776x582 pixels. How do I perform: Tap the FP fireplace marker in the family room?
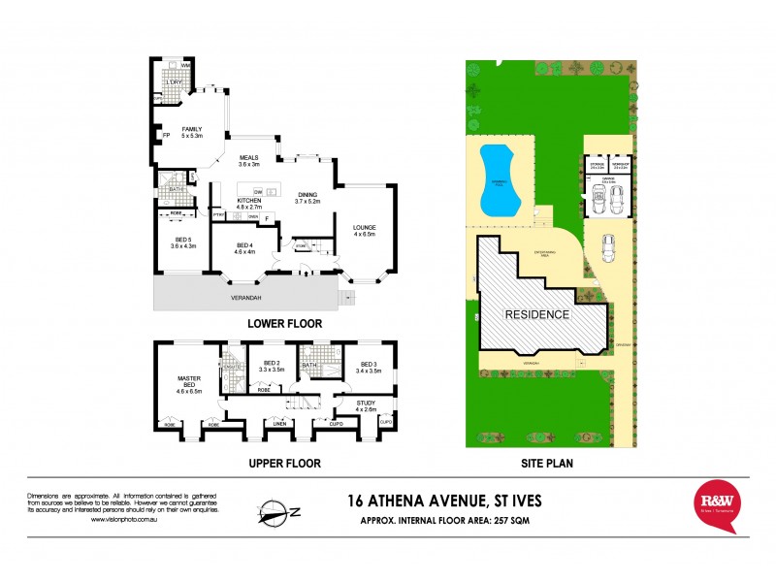(x=165, y=135)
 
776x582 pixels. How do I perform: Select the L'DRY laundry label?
(x=175, y=82)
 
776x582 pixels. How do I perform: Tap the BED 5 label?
(x=183, y=242)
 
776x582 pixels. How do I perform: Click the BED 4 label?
(x=243, y=247)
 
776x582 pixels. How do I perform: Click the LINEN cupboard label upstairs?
(x=280, y=424)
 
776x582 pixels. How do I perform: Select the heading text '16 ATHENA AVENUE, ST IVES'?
(x=436, y=501)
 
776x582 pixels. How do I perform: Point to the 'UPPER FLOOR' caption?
(x=284, y=463)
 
